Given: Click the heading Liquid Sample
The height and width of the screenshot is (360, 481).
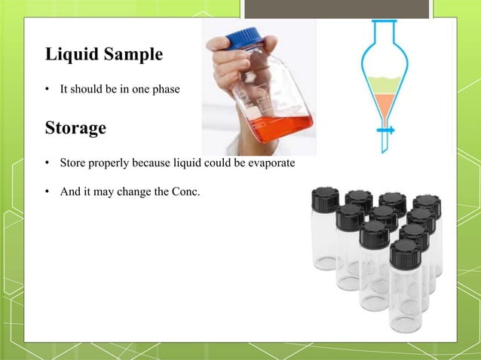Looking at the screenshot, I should point(103,55).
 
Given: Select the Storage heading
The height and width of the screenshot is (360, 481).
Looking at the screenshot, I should point(75,127).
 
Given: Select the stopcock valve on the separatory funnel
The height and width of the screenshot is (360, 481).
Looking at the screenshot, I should point(386,130).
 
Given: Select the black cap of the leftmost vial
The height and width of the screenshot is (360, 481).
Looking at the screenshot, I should point(325,199).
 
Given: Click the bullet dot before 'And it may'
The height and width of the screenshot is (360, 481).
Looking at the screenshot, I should point(47,192).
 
